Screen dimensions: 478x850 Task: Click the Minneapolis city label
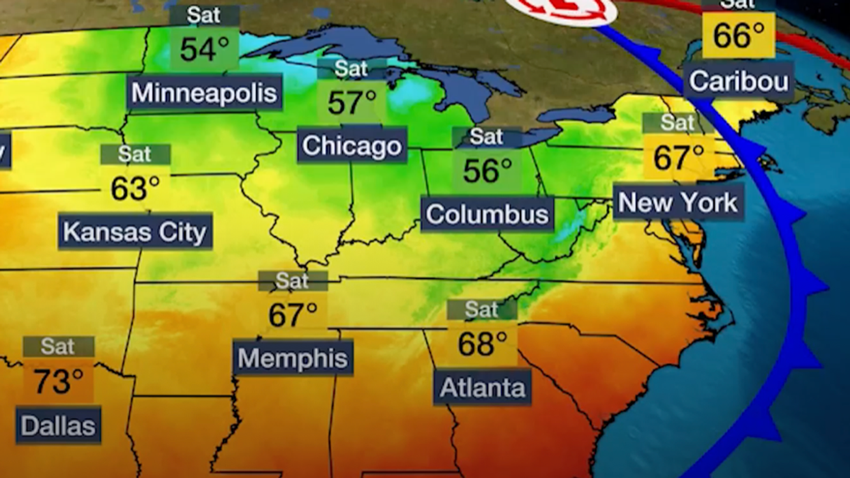click(205, 93)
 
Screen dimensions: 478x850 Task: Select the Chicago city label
click(352, 145)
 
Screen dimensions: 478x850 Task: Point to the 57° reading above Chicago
click(352, 102)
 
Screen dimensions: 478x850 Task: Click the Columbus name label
click(487, 214)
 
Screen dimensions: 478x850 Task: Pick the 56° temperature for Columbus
click(487, 171)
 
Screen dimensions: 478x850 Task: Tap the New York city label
click(678, 202)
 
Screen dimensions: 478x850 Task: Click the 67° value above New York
click(678, 158)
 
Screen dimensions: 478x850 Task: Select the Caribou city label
click(739, 81)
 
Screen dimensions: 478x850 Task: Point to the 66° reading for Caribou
click(739, 36)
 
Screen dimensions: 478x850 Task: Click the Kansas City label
click(134, 232)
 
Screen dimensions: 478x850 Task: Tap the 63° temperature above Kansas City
click(135, 188)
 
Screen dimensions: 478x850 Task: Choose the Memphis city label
click(293, 358)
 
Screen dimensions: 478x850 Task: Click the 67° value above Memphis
click(293, 315)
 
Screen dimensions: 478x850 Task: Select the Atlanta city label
click(483, 388)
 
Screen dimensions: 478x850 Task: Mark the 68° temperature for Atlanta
click(482, 343)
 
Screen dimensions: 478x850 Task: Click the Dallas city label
click(58, 426)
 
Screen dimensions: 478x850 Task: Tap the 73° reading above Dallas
click(59, 381)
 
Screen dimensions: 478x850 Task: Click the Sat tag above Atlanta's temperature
click(482, 309)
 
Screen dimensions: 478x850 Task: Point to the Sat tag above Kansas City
click(135, 154)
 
